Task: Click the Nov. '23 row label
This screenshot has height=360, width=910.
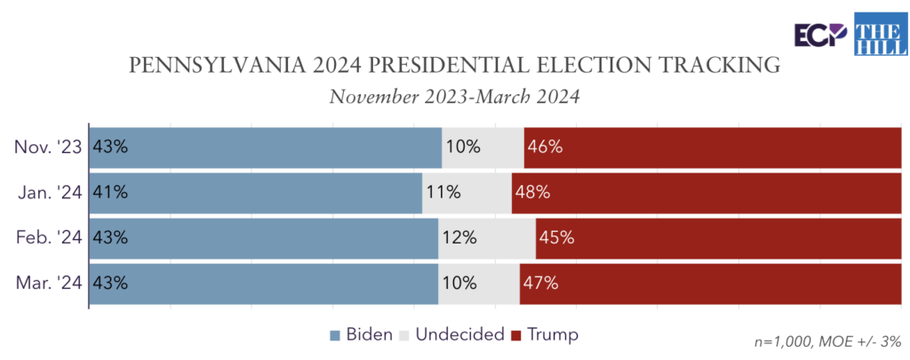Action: tap(48, 147)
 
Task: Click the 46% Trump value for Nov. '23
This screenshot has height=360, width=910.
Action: tap(545, 147)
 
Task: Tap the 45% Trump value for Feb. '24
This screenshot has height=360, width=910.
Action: tap(556, 238)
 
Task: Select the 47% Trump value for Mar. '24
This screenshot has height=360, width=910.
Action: tap(540, 284)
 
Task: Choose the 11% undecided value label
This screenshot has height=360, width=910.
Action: tap(443, 192)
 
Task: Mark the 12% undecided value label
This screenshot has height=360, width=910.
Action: tap(459, 238)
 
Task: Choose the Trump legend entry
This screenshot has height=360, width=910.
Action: tap(545, 335)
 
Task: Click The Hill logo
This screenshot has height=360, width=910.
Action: tap(878, 33)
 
